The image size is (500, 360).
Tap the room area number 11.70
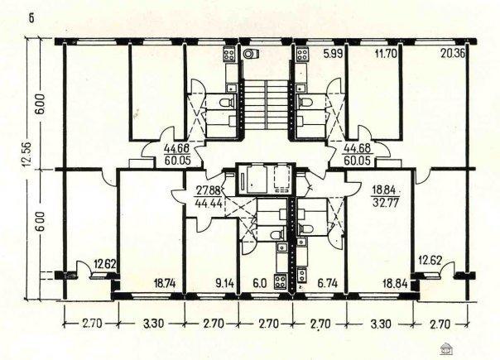386,53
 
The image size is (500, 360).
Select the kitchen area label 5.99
334,53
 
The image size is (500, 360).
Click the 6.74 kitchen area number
328,283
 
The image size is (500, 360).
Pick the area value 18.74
165,283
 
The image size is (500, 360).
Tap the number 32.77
386,203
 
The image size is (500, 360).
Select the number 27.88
209,191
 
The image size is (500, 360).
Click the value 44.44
209,203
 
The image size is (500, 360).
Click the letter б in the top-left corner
31,18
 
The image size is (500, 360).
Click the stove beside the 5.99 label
302,54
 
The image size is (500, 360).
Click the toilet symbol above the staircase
251,54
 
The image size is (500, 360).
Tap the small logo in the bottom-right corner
446,349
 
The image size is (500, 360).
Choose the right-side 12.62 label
430,261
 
